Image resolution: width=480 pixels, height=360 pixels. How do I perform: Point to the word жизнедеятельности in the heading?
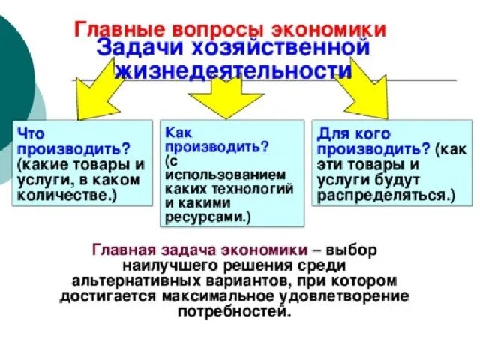(233, 72)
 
